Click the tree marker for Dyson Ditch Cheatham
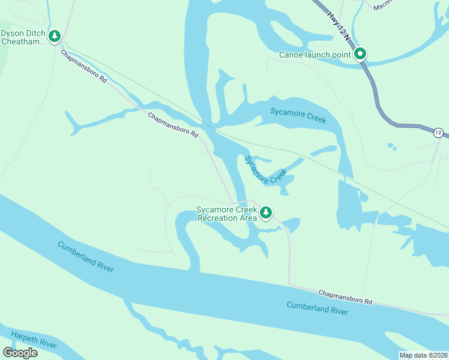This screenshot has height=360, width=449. coord(55,37)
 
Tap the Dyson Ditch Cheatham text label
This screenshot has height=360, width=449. coord(23,37)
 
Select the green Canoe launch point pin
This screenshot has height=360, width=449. coord(360,55)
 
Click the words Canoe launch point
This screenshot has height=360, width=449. coord(315,55)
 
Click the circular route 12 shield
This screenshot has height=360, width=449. coord(438,133)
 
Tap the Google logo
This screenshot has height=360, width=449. coord(20,353)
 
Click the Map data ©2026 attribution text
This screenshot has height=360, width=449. coord(424,355)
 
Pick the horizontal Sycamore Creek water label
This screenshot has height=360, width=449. coord(298,115)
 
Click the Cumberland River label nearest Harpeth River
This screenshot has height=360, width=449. coord(86,256)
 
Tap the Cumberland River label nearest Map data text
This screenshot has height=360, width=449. coord(317,308)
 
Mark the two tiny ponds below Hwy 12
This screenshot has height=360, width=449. coord(392,146)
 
